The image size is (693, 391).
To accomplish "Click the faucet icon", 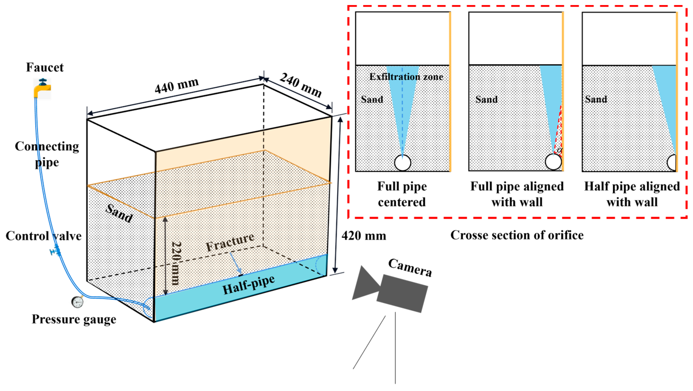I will (x=42, y=88).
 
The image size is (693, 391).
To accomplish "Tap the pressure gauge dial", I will (x=77, y=302).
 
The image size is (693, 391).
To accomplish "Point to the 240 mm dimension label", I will (x=301, y=85).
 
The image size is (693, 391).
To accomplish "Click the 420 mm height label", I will (x=364, y=236).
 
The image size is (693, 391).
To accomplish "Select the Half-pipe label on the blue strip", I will (x=249, y=285).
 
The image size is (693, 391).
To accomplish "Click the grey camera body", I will (x=402, y=293).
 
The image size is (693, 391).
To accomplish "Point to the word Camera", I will (x=410, y=267).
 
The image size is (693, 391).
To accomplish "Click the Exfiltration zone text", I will (x=406, y=77).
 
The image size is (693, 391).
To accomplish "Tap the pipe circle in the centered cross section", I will (x=402, y=163).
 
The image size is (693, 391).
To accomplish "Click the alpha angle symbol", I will (x=559, y=150).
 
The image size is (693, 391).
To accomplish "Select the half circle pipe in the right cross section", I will (x=672, y=163).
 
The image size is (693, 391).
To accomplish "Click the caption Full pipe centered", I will (x=402, y=194).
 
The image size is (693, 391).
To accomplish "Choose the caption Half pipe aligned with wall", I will (x=632, y=194).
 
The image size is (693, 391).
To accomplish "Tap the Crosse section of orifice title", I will (x=517, y=235).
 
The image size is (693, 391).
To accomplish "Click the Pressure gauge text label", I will (x=74, y=319).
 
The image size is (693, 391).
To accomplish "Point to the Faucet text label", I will (x=45, y=67).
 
